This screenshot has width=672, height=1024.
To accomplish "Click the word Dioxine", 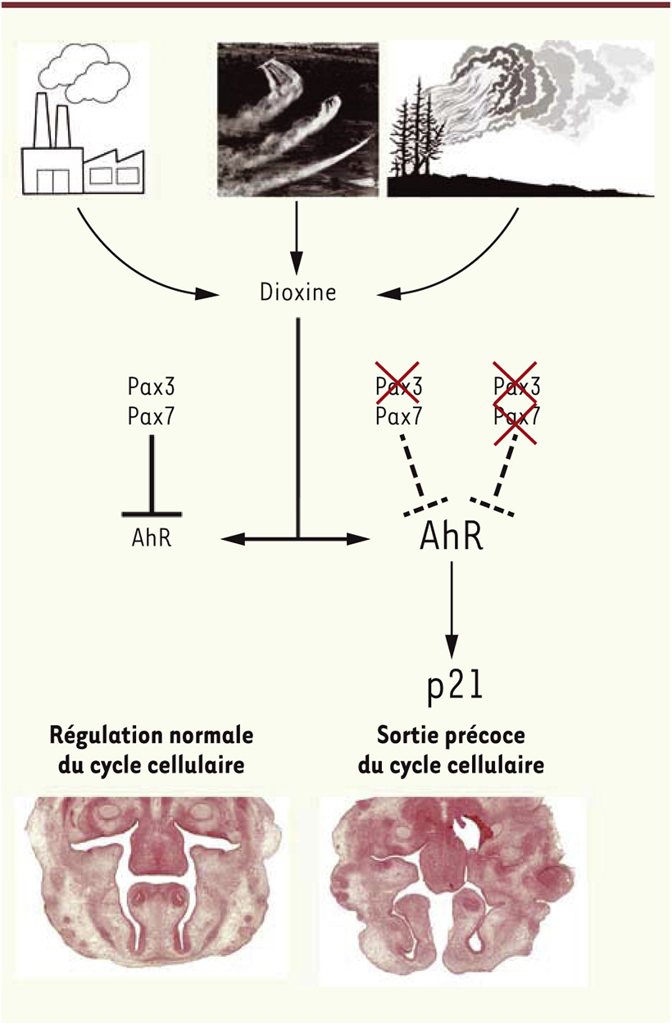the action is point(297,292).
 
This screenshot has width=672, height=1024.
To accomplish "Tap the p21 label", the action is point(455,688).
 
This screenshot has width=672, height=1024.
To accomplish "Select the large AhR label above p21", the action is point(451,537).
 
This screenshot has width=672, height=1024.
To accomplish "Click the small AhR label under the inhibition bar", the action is point(152,537).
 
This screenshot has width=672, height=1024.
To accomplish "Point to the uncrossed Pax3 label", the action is point(151,387).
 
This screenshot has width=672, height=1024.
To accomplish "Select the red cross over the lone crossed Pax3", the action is point(397,383).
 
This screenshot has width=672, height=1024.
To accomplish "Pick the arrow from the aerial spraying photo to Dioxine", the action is point(297,237).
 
